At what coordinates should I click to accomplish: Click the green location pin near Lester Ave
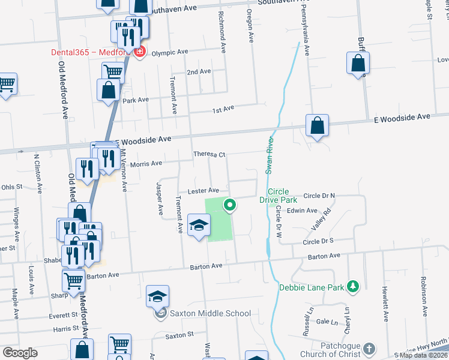tap(230, 205)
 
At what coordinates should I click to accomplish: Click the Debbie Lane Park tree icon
tap(354, 287)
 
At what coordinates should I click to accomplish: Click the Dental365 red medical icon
tap(140, 52)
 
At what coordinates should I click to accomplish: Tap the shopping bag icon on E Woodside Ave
tap(317, 127)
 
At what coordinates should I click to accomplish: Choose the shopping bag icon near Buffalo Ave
tap(358, 63)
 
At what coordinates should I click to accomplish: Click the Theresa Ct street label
tap(209, 155)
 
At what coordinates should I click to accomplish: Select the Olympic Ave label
tap(170, 52)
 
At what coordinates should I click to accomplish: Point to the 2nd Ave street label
tap(199, 71)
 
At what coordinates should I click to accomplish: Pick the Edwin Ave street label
tap(302, 211)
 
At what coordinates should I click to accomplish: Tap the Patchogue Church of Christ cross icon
tap(370, 348)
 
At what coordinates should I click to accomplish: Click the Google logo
tap(20, 353)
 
